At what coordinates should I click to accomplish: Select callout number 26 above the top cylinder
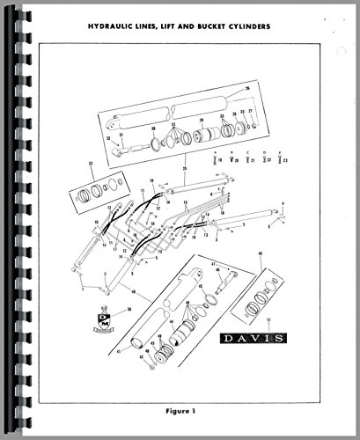pyautogui.click(x=248, y=88)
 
